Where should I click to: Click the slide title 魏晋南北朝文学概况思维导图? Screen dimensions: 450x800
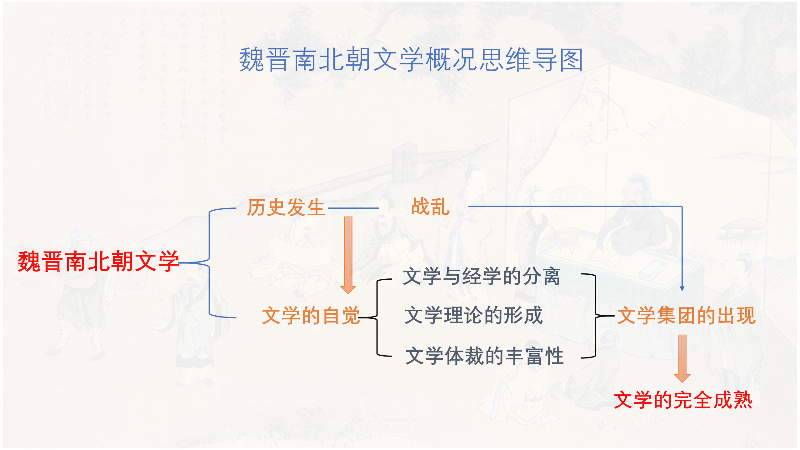click(411, 59)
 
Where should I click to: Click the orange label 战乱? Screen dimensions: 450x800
click(430, 207)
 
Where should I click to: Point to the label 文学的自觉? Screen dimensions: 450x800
click(311, 315)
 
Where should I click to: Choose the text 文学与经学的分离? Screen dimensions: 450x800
click(482, 277)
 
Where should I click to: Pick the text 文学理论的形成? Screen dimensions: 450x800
click(473, 315)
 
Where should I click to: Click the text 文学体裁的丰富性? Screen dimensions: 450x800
click(484, 356)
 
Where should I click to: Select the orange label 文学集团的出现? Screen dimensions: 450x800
click(686, 315)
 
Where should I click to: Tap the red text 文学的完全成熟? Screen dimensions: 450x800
click(683, 400)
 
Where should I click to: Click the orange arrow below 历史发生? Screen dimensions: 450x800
click(348, 255)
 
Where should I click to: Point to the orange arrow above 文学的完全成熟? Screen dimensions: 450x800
click(682, 358)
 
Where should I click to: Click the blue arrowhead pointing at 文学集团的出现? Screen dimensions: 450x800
click(682, 288)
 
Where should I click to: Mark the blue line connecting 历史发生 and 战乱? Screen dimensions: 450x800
click(353, 208)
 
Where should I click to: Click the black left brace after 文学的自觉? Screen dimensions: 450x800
click(377, 317)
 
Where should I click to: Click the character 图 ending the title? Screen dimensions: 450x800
click(571, 59)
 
